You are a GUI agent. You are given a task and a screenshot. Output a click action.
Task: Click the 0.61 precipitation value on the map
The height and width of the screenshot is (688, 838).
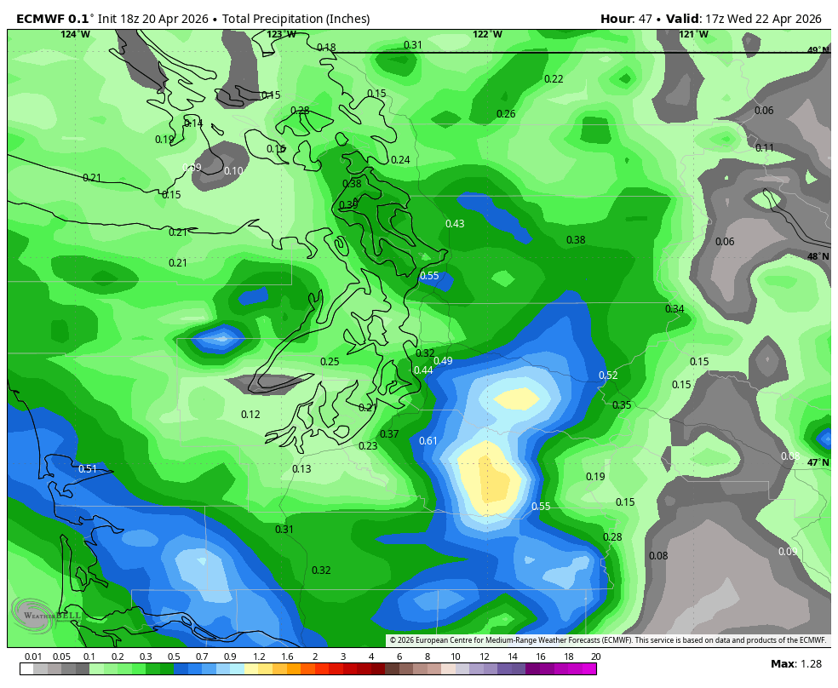(428, 440)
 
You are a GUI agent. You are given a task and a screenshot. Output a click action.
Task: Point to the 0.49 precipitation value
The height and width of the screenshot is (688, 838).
(443, 361)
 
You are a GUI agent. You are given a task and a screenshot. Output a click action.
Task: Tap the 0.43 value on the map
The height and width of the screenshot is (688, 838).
(455, 224)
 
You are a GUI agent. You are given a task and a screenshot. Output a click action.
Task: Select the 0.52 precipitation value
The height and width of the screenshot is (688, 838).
(608, 376)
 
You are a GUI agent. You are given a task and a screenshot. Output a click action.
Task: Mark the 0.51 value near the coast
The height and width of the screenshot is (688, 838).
(88, 469)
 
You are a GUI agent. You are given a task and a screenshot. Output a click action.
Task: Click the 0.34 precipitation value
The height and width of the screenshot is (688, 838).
(674, 309)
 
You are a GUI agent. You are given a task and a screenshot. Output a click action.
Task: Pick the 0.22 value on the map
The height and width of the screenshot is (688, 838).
(554, 79)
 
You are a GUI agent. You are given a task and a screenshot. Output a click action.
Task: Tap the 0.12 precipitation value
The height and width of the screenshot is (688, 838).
(250, 415)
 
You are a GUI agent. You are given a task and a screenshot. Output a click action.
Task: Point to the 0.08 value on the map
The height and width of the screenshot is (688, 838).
(658, 556)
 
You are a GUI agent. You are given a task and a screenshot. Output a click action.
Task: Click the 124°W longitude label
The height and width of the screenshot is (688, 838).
(75, 34)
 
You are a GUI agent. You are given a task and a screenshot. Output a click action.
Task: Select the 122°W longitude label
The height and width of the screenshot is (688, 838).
(487, 34)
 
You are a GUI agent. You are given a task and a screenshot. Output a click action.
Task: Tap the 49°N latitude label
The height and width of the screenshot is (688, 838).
(818, 50)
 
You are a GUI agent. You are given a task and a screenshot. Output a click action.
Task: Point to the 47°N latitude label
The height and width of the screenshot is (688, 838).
(818, 463)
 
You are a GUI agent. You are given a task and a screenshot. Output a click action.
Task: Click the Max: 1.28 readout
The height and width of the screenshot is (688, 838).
(795, 664)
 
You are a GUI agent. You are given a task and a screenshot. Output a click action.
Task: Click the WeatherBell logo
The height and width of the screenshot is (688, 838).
(47, 613)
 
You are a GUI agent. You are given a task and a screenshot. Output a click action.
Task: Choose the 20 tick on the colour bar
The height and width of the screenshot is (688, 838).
(596, 656)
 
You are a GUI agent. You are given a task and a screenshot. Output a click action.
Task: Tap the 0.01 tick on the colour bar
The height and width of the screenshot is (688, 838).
(33, 656)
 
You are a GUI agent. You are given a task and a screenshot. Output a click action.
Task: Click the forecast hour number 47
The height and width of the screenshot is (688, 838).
(645, 19)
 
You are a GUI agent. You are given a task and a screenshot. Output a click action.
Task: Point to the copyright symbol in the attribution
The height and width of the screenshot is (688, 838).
(393, 640)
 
